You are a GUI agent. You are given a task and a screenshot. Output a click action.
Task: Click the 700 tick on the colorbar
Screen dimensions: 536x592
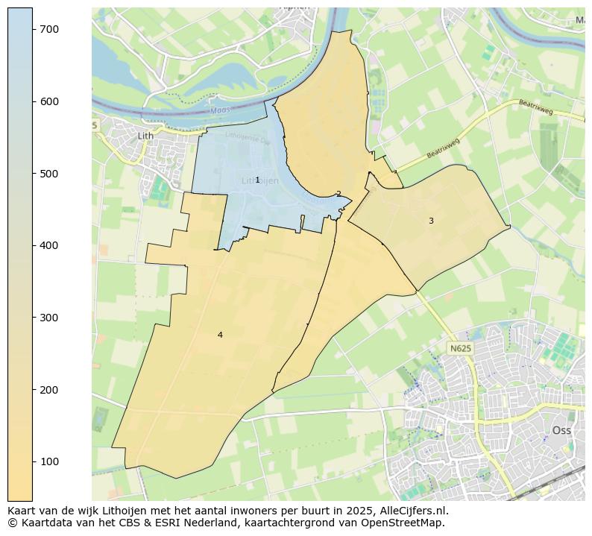coord(49,29)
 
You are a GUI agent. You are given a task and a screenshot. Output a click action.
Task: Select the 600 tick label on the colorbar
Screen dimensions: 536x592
coord(49,101)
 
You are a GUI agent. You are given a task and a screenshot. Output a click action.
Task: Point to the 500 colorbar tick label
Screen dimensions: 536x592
coord(49,174)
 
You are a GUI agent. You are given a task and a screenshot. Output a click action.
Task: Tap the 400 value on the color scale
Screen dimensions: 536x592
coord(49,245)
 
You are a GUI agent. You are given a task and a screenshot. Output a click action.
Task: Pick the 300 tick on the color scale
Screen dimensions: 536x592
coord(49,318)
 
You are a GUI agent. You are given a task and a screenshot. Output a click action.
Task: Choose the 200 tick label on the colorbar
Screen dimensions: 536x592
coord(49,390)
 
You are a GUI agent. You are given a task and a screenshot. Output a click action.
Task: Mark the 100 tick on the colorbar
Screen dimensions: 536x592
coord(49,461)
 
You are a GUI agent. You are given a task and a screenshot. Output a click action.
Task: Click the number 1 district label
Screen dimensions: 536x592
coord(257,180)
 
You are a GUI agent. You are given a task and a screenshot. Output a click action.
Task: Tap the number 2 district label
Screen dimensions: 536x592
coord(338,194)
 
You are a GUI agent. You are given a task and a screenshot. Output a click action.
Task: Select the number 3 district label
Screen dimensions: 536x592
coord(431,221)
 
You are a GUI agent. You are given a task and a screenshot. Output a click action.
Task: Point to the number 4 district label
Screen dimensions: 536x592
coord(220,335)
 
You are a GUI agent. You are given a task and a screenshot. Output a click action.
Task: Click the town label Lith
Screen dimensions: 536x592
coord(145,136)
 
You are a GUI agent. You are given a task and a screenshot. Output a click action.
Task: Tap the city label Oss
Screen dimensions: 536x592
coord(561,430)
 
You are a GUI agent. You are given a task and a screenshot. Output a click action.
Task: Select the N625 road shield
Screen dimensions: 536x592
coord(460,348)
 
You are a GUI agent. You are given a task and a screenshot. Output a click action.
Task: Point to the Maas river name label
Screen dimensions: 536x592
coord(221,110)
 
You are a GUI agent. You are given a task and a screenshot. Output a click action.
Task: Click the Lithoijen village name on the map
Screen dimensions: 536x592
coord(260,180)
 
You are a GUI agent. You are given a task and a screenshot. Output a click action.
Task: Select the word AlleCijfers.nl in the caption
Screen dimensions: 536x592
coord(413,511)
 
